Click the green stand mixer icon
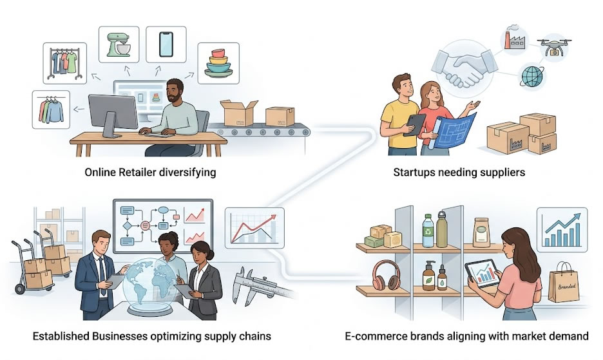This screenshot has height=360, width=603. tap(119, 44)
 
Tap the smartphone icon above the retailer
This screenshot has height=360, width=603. tap(166, 44)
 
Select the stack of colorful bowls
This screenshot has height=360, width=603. tap(218, 64)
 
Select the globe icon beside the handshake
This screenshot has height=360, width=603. tap(532, 76)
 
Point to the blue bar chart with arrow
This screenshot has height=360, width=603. tap(562, 230)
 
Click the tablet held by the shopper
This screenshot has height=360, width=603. tap(483, 274)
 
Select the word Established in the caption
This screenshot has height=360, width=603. tap(61, 336)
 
